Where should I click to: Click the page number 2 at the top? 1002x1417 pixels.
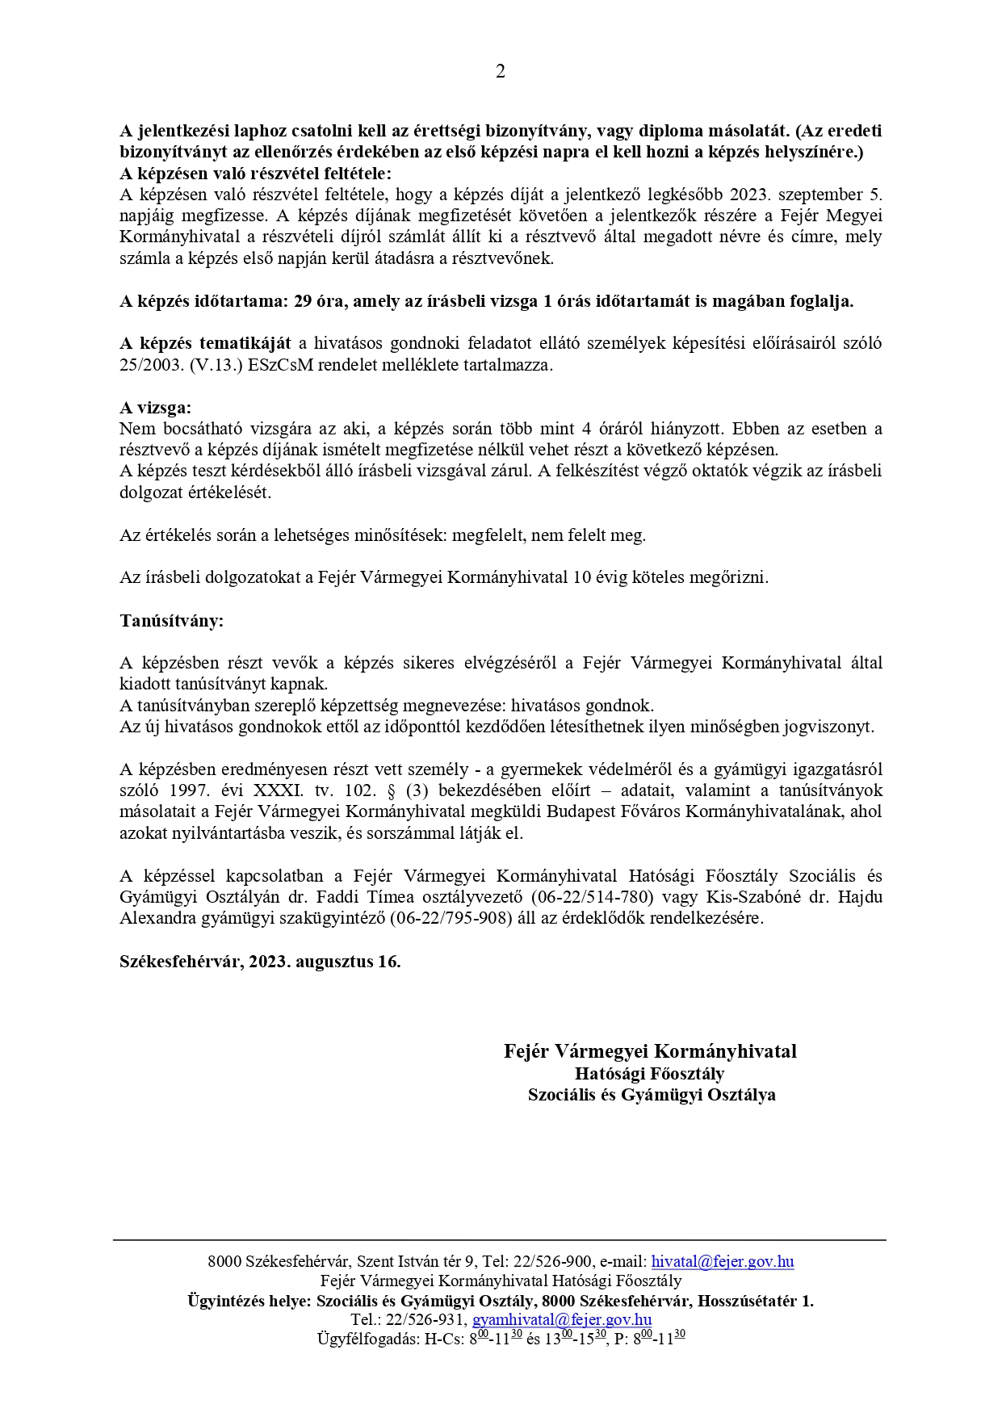pos(500,72)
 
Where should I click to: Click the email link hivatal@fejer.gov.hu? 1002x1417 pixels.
pos(723,1262)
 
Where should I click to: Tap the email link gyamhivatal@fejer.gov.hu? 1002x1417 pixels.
pos(562,1319)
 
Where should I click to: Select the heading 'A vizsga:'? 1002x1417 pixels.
pos(156,408)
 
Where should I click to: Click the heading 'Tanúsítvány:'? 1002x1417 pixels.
pos(171,621)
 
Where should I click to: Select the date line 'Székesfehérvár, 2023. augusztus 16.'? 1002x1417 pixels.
pos(260,962)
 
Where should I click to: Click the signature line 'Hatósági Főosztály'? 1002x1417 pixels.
pos(650,1074)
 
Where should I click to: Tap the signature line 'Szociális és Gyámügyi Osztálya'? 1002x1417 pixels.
pos(651,1095)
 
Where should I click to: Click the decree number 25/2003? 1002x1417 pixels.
pos(150,365)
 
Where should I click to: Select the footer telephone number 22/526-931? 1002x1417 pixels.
pos(426,1319)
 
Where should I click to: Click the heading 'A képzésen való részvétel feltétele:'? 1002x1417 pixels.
pos(255,174)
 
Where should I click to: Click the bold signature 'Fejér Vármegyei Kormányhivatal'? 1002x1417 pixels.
pos(650,1051)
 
